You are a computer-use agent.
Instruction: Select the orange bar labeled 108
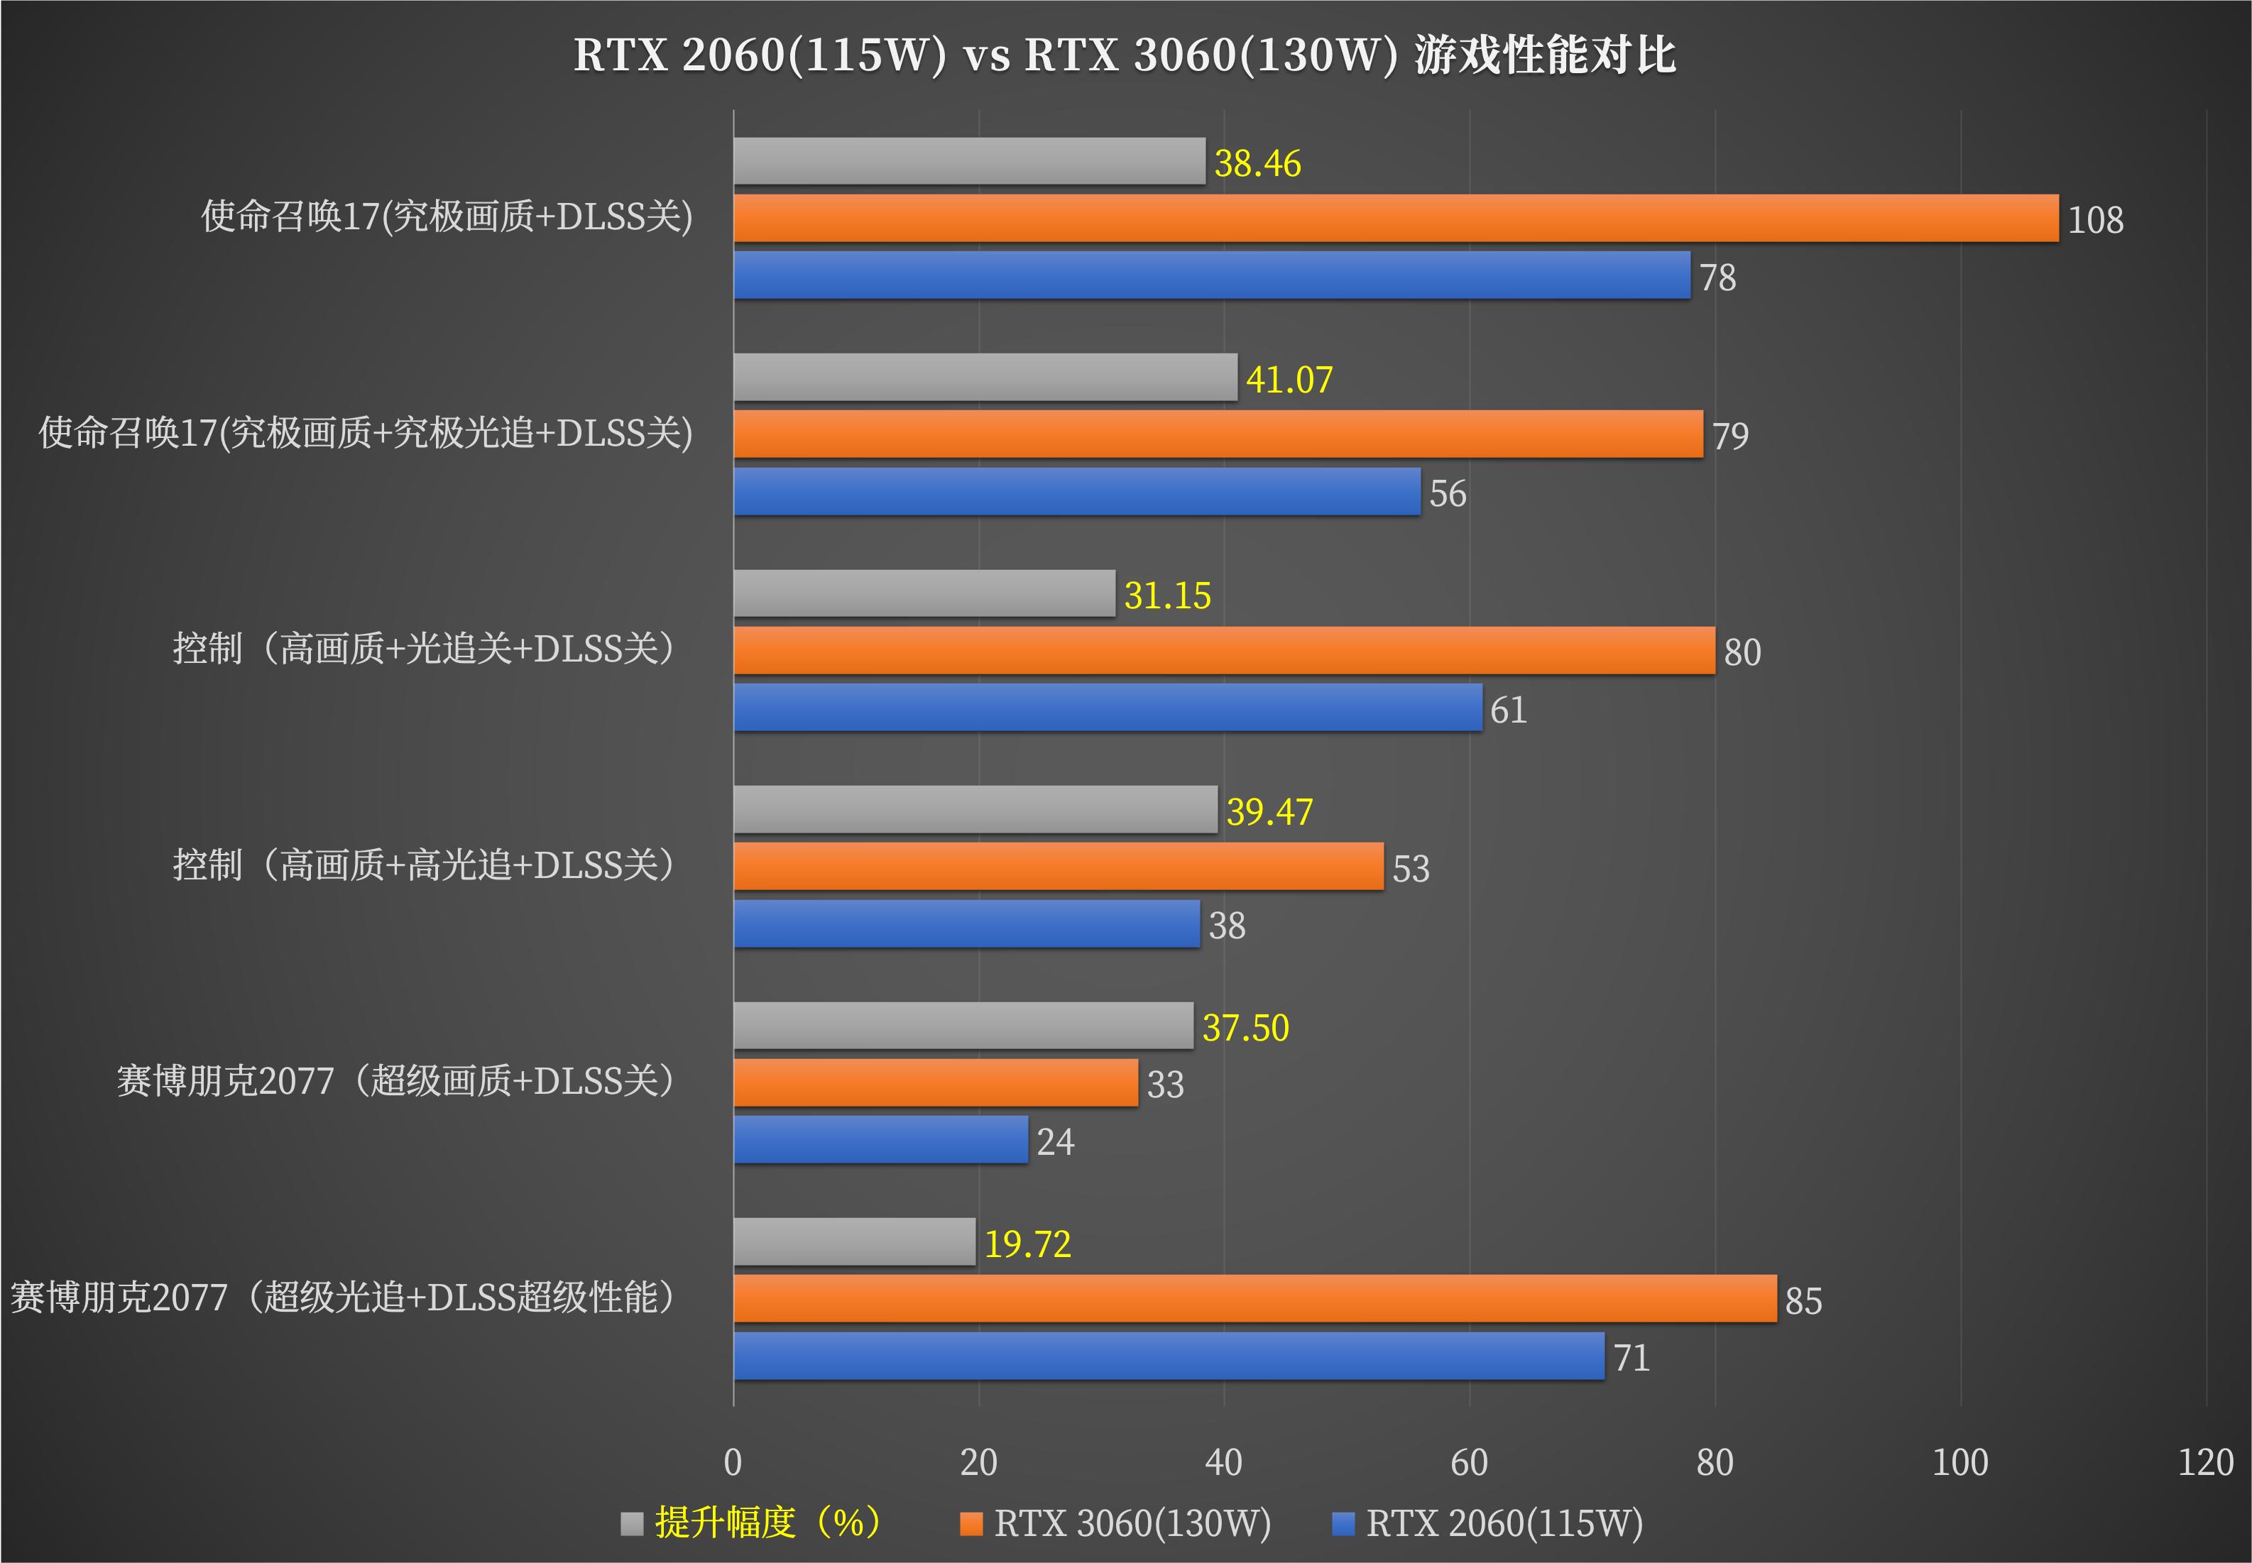(1395, 219)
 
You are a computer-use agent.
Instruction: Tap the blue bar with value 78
(1212, 275)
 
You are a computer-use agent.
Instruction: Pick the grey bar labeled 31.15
(924, 593)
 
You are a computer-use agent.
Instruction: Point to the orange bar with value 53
(1058, 867)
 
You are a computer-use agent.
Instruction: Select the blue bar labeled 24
(880, 1140)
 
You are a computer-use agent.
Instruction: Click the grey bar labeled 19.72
(854, 1241)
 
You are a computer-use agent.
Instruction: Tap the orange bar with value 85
(1254, 1298)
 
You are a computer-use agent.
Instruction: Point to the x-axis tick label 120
(2205, 1462)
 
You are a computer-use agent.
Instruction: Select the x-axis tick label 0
(733, 1462)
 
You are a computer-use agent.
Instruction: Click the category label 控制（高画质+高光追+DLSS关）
(424, 866)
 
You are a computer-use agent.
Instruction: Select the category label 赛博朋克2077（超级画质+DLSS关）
(395, 1081)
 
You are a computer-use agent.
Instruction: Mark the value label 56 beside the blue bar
(1447, 493)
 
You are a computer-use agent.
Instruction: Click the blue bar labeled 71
(1169, 1356)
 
